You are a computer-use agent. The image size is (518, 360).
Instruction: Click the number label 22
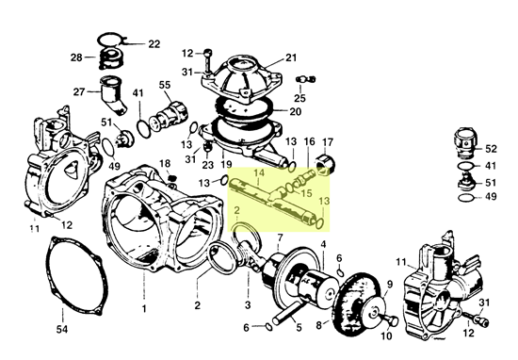coord(154,44)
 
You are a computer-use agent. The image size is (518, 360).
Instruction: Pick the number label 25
coord(299,98)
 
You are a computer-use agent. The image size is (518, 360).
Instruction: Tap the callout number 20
coord(295,112)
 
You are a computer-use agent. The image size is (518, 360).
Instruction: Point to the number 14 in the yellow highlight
coord(261,174)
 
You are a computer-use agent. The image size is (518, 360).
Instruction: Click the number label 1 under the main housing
coord(144,308)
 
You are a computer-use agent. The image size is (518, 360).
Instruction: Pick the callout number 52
coord(490,149)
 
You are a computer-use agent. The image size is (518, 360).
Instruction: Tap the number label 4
coord(323,244)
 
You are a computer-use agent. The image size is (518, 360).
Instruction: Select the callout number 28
coord(76,58)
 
